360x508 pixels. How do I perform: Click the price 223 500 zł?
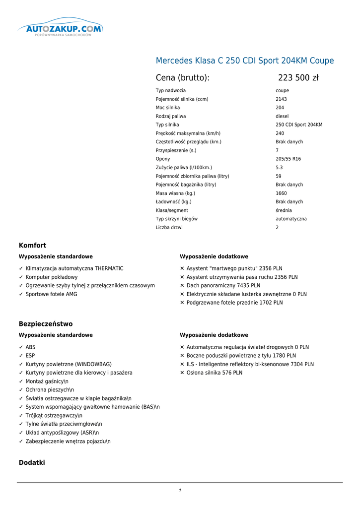298,78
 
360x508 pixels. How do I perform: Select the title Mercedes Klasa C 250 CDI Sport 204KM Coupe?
245,61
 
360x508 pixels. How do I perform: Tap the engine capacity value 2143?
281,99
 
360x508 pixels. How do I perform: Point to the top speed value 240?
280,133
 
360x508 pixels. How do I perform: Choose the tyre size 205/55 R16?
288,159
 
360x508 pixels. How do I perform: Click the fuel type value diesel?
282,117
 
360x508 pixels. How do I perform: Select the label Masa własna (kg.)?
175,193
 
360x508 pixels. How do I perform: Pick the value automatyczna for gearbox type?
291,219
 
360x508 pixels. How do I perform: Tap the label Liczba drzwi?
169,228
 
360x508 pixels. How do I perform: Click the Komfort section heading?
33,246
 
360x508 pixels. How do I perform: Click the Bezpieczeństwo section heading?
46,324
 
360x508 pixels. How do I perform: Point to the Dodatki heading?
32,463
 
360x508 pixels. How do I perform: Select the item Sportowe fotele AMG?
51,294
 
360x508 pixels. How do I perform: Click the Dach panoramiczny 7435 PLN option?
223,286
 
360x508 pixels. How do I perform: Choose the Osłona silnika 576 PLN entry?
214,373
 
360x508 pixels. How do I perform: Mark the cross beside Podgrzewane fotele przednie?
182,303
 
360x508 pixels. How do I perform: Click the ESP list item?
30,356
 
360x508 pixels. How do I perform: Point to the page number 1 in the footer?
180,491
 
